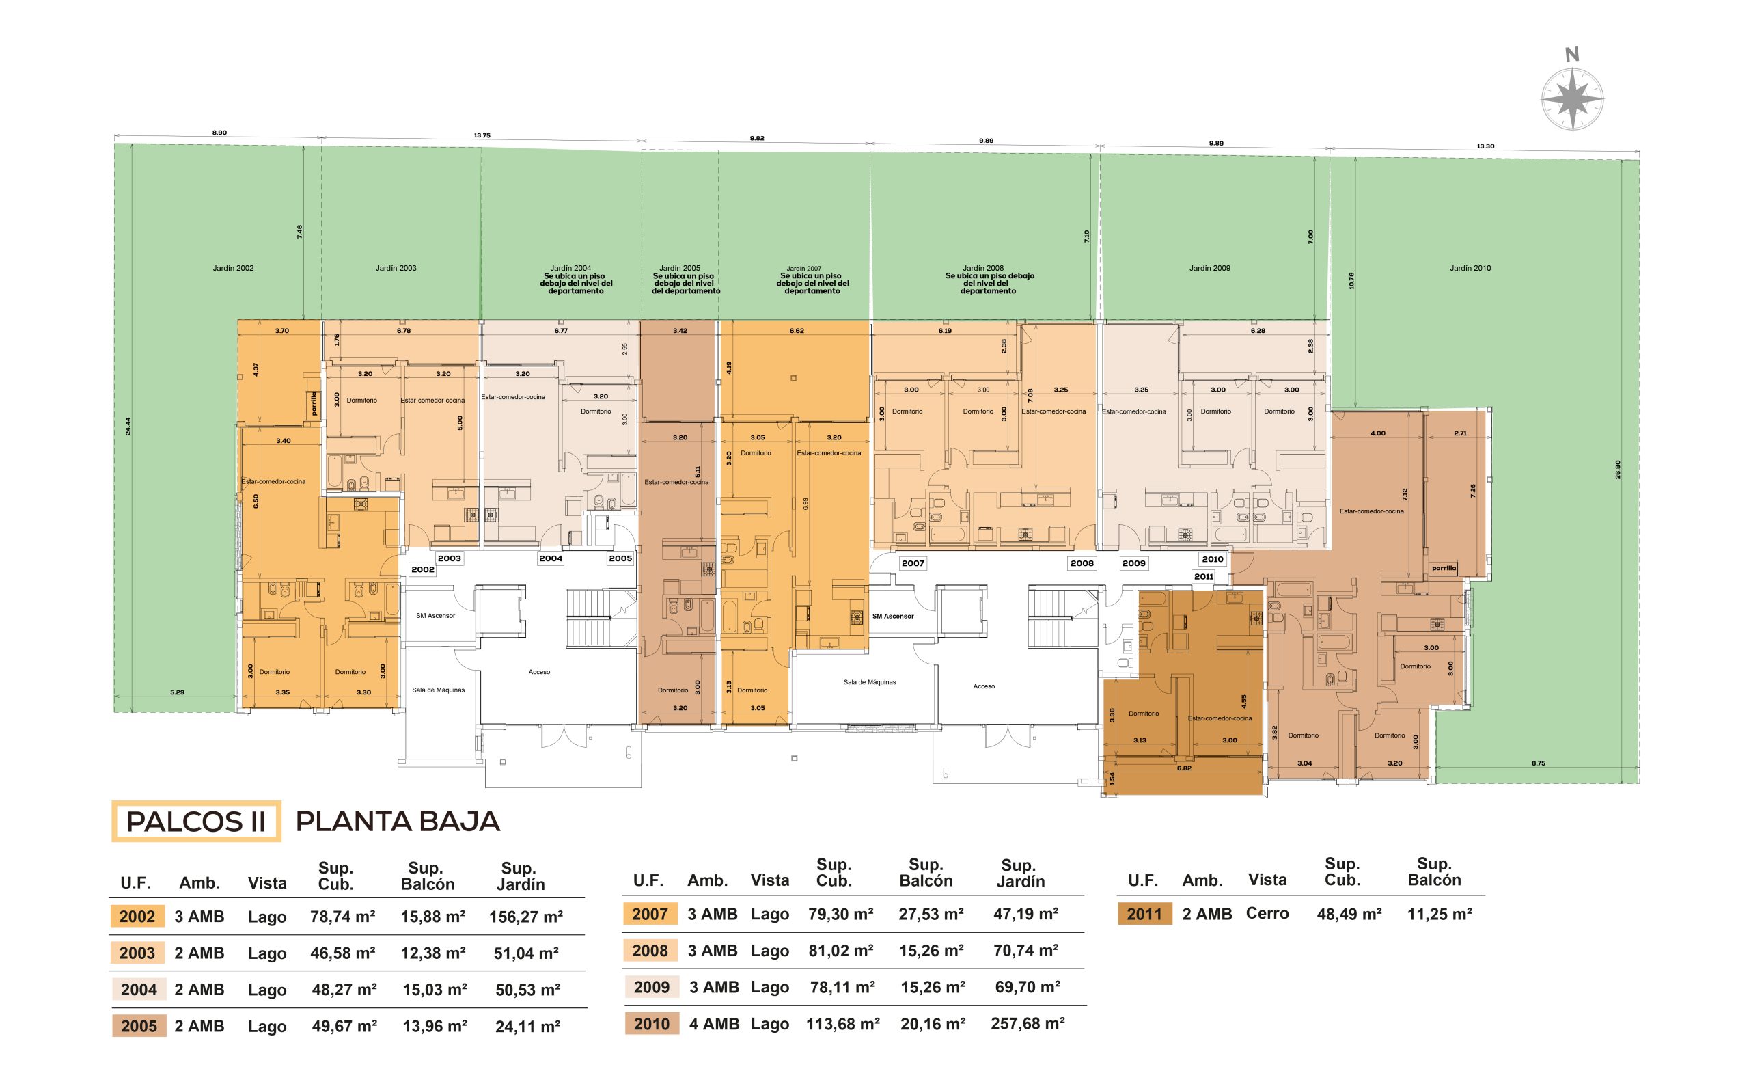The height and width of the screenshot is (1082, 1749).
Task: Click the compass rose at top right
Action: click(x=1571, y=98)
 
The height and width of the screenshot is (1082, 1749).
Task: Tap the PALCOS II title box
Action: click(x=196, y=822)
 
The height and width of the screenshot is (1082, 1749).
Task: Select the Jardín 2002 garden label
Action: click(x=233, y=269)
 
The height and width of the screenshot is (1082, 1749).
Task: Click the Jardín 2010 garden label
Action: click(x=1470, y=269)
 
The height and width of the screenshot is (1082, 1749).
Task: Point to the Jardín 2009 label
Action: click(x=1210, y=269)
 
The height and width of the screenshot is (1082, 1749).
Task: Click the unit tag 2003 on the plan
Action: click(x=450, y=558)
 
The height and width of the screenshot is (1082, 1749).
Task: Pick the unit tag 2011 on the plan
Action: click(x=1203, y=576)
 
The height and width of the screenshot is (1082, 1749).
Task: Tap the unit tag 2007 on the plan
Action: click(x=913, y=563)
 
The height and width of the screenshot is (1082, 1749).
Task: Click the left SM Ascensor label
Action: click(x=435, y=615)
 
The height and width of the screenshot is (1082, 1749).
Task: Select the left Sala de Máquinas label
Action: click(x=438, y=690)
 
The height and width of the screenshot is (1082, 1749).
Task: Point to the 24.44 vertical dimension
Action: click(x=128, y=426)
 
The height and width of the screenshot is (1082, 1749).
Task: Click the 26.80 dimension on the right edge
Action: click(x=1618, y=469)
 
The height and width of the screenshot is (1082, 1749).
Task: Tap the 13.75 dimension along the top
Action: click(x=482, y=135)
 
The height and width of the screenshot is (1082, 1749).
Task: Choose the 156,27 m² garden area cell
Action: click(x=526, y=917)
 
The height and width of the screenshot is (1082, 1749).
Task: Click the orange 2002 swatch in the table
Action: click(x=137, y=917)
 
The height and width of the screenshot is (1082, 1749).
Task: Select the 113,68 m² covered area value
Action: click(x=842, y=1023)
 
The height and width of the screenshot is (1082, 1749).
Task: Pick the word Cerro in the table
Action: click(x=1267, y=913)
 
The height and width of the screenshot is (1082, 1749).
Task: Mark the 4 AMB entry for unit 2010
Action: click(x=714, y=1023)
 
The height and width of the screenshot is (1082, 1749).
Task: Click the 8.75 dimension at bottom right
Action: click(x=1538, y=763)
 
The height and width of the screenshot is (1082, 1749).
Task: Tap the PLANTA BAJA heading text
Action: click(x=398, y=822)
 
